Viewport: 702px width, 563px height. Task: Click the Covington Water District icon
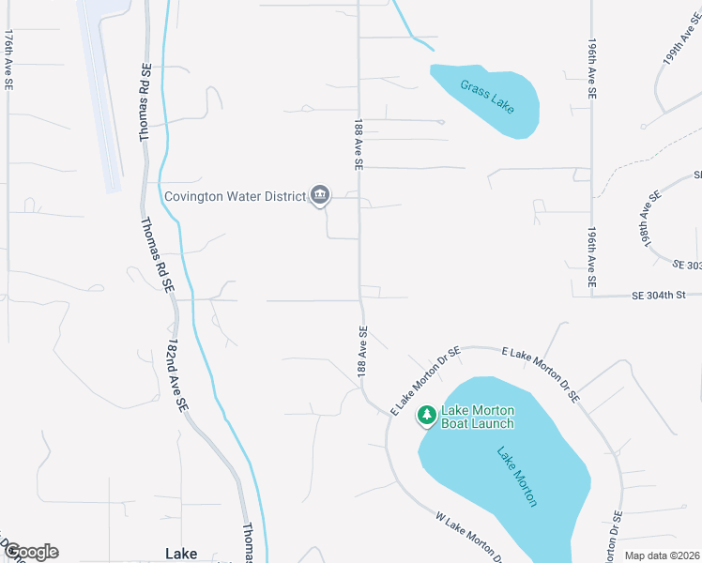320,195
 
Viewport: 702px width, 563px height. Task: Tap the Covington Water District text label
236,196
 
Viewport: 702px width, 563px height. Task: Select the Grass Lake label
487,96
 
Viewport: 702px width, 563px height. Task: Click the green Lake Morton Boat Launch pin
427,414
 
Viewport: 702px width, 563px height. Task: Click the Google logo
30,552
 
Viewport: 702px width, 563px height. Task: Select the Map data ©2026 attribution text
662,555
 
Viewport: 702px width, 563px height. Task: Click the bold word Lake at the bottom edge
181,554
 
